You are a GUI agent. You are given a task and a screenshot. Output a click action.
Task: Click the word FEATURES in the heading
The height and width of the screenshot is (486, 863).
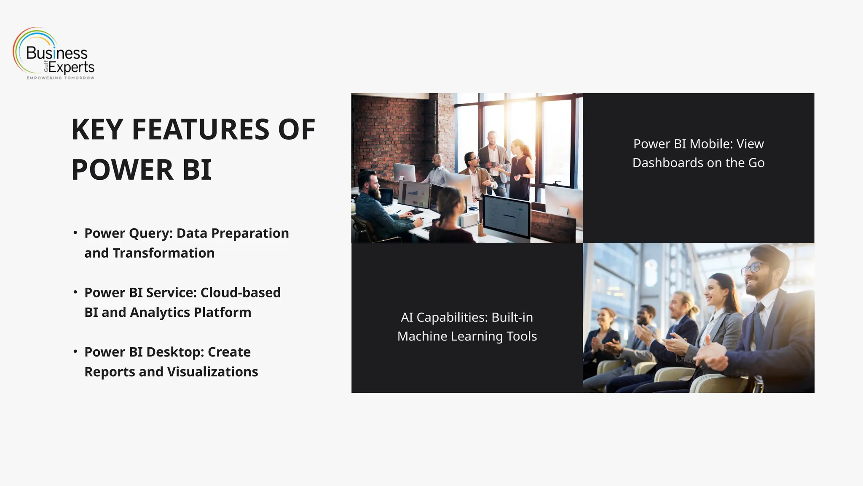coord(200,130)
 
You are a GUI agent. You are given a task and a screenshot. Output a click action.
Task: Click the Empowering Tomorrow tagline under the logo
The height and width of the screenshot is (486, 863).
coord(60,78)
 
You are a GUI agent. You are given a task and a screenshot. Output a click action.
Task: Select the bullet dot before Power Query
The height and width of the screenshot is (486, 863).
coord(75,232)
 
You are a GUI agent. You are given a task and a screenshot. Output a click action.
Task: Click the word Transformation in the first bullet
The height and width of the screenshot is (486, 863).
coord(163,253)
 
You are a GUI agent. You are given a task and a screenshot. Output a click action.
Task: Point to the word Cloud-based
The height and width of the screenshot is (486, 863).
coord(240,293)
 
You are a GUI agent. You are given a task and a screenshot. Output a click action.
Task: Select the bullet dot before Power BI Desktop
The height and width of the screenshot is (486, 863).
coord(75,351)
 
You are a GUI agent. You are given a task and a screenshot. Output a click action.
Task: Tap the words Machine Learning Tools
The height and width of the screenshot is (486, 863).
coord(467,336)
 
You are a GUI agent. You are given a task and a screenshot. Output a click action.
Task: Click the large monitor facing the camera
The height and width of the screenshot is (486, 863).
coord(506,216)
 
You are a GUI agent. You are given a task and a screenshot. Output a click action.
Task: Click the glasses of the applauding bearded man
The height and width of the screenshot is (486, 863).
coord(754,268)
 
